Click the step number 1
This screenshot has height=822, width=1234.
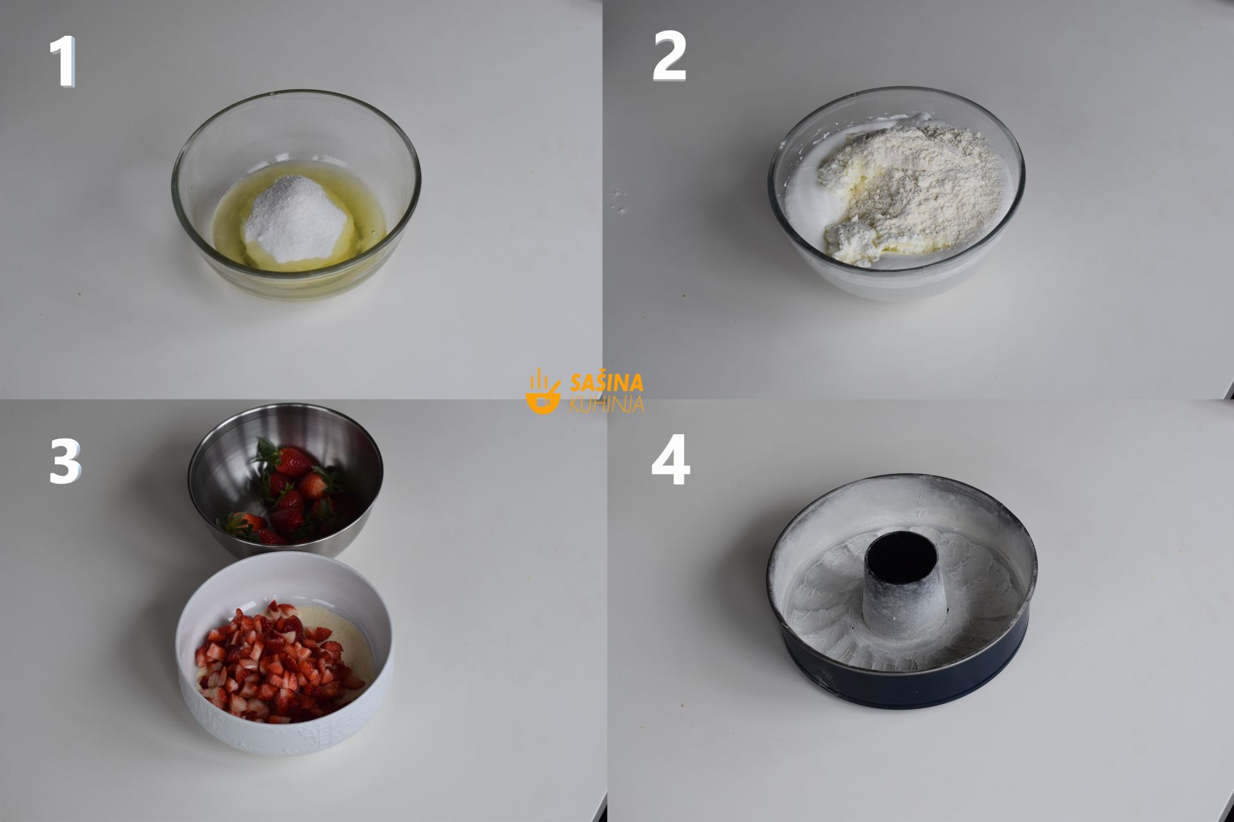[63, 62]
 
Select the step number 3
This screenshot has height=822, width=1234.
[65, 462]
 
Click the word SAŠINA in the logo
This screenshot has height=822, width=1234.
[607, 383]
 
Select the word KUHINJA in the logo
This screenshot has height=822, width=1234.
[607, 404]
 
